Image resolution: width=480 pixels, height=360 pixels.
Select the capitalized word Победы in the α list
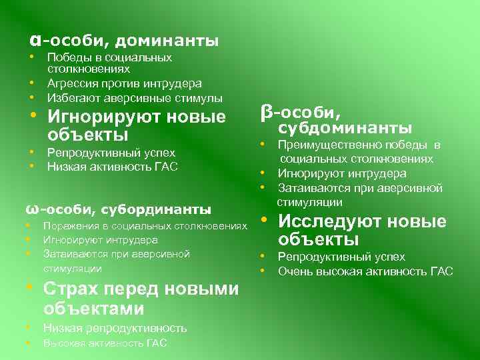pos(65,57)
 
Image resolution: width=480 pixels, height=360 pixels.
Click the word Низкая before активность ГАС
pos(65,166)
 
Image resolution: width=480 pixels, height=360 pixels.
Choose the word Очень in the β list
pos(293,271)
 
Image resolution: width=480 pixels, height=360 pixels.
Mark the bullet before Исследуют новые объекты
pos(265,221)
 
